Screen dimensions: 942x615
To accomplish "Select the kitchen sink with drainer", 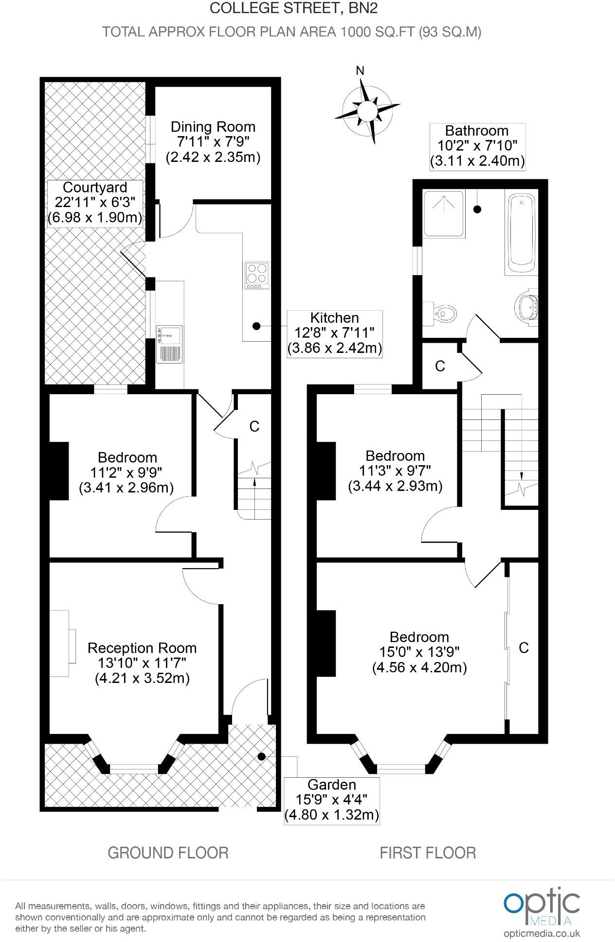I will (x=169, y=344).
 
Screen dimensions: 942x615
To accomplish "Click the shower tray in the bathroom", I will (x=443, y=213).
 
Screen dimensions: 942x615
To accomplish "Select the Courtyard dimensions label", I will (x=95, y=202).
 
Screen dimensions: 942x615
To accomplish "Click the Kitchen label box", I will (x=335, y=333).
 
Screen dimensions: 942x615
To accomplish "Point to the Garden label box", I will (x=331, y=800).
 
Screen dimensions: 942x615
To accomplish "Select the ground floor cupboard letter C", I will (x=254, y=426).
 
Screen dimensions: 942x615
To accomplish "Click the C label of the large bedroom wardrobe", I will (x=524, y=647).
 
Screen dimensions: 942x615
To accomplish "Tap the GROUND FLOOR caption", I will (x=168, y=866).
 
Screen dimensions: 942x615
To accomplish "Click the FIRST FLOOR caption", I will (x=428, y=866).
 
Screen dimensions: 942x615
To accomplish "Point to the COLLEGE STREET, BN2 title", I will (x=293, y=8).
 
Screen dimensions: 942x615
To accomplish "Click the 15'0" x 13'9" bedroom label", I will (x=419, y=652).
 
